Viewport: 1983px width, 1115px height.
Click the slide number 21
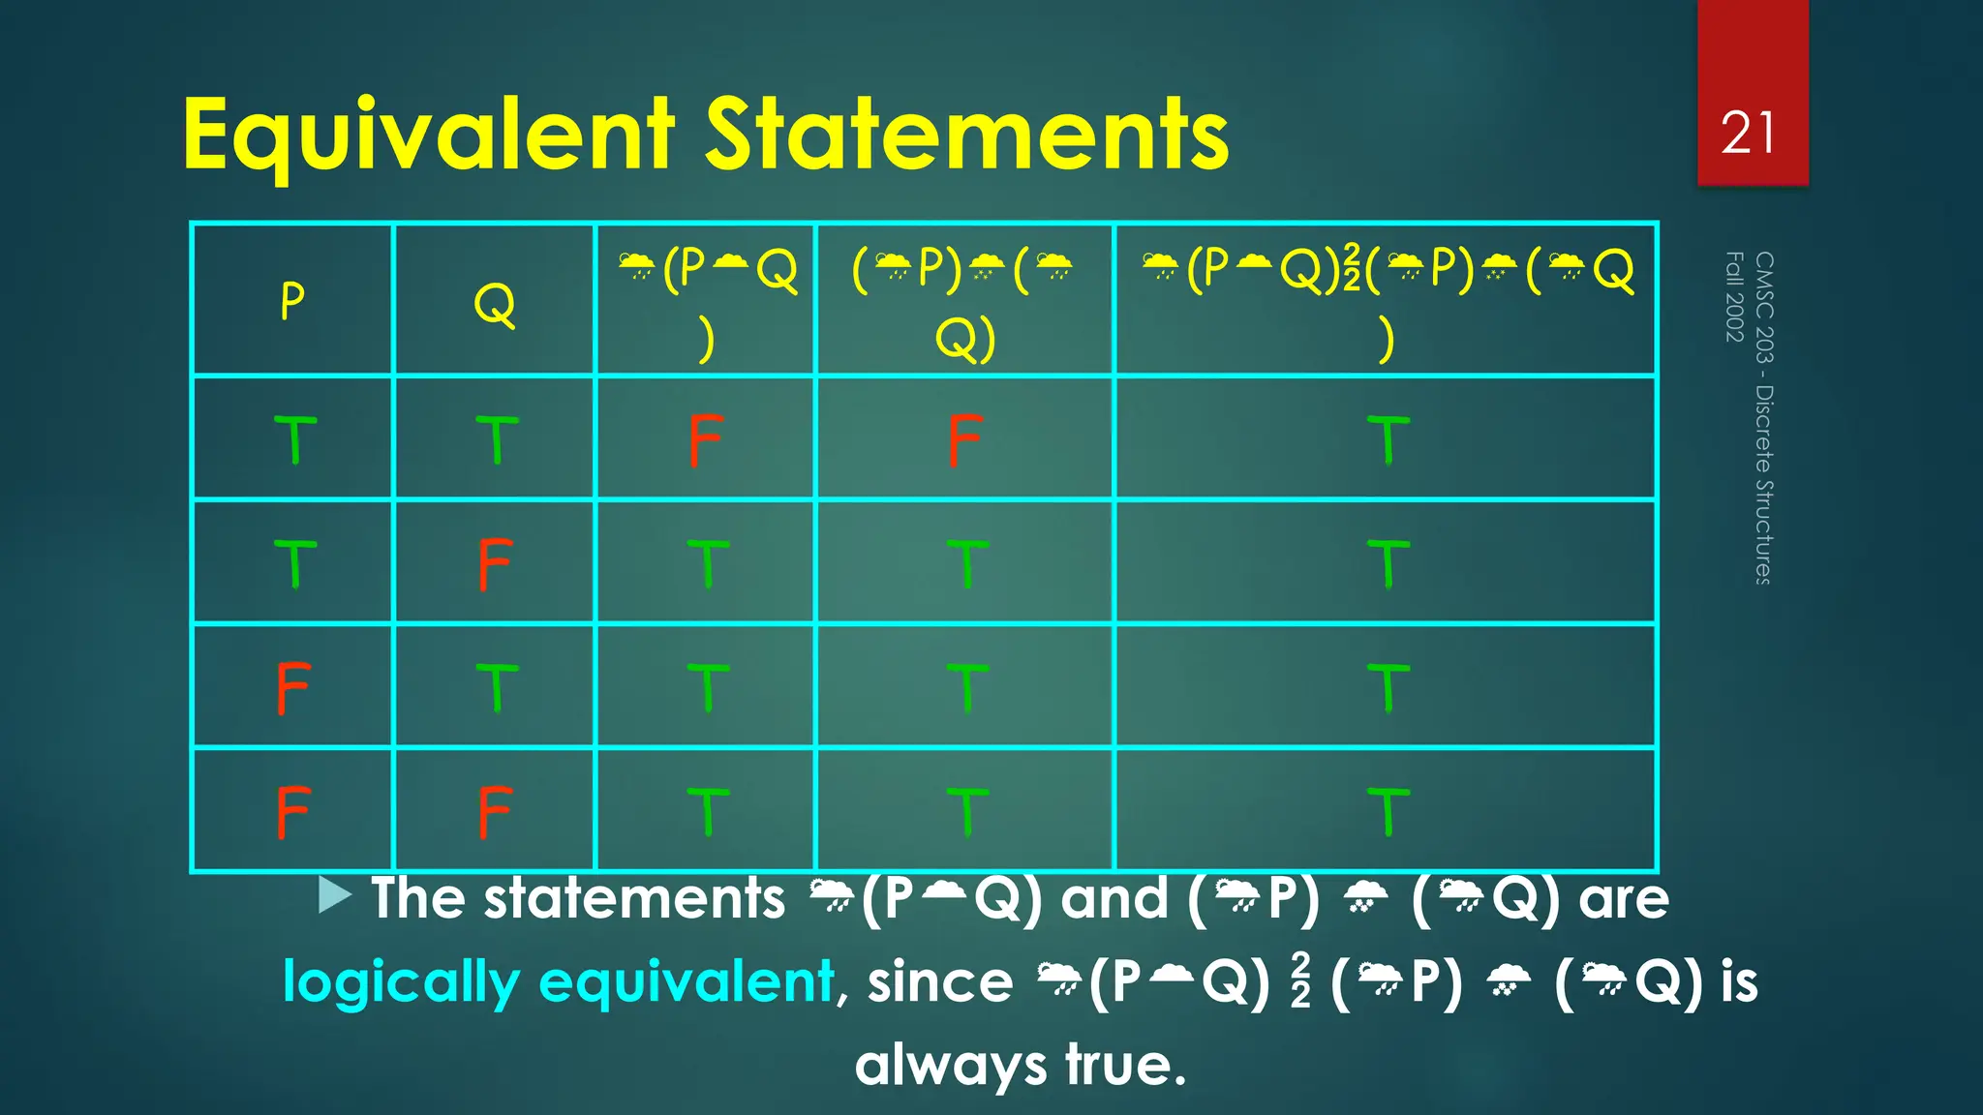click(1749, 134)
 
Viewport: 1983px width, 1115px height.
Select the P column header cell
click(292, 301)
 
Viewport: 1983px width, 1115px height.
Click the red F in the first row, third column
click(706, 440)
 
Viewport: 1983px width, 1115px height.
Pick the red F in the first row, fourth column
click(965, 440)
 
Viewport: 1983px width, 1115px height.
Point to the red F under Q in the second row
click(495, 564)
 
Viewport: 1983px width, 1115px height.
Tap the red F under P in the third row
click(292, 688)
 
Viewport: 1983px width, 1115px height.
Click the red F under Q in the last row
click(495, 811)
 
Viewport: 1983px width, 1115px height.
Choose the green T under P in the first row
click(295, 440)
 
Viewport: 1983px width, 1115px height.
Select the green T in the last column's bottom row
click(1388, 811)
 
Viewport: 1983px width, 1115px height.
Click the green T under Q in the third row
click(497, 688)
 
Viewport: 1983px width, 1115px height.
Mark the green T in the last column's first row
click(1388, 440)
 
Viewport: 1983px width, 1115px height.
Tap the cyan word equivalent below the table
click(686, 981)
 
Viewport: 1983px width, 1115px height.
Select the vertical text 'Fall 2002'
click(1734, 296)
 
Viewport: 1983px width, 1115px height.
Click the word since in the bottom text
click(939, 982)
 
